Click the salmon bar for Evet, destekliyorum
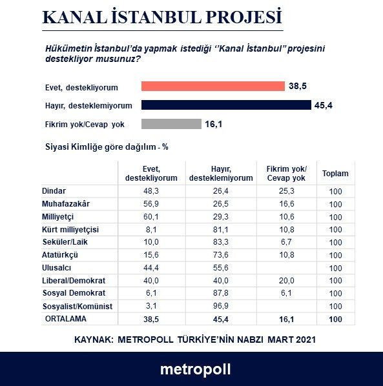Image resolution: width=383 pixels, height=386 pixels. pos(212,86)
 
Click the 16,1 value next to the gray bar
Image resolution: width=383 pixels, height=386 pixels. pos(214,124)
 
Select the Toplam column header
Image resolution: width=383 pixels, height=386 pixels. pos(335,174)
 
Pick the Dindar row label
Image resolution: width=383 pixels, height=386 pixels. pos(54,192)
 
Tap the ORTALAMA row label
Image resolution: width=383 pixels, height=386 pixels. pos(65,318)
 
